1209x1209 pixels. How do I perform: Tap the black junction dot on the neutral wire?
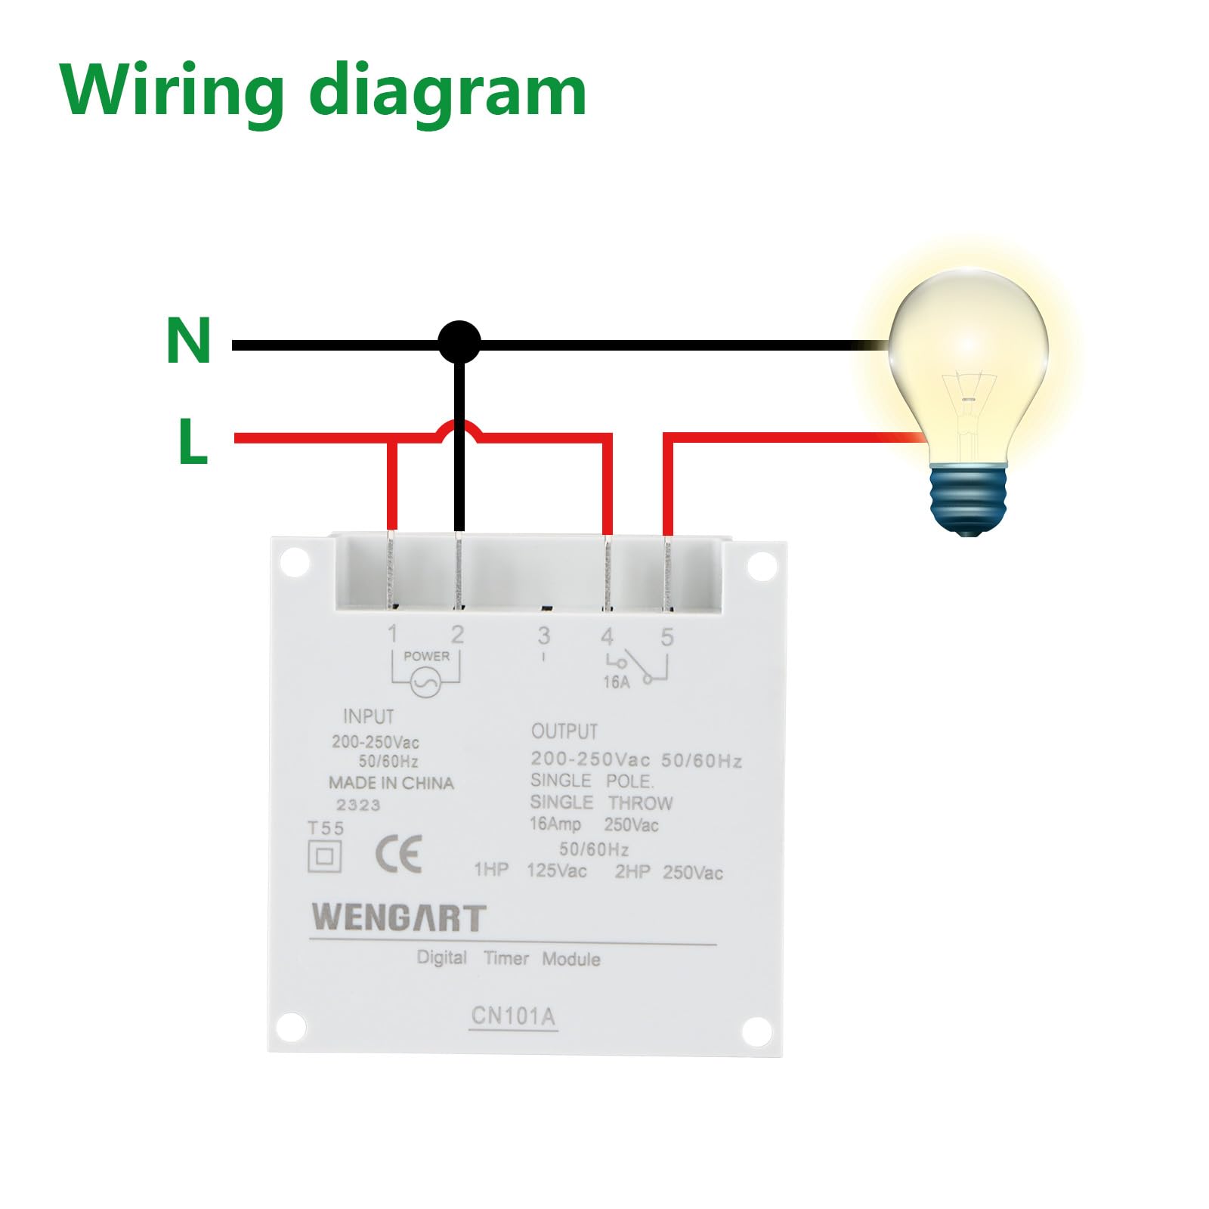[x=459, y=342]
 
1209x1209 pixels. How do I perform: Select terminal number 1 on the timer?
[x=392, y=634]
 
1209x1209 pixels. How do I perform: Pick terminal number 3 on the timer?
[x=543, y=636]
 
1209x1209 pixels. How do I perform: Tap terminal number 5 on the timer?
[x=666, y=637]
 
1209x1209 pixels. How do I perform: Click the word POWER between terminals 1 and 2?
[x=426, y=656]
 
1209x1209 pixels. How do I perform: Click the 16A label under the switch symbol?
[x=616, y=682]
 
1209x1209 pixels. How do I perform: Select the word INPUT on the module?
[x=369, y=716]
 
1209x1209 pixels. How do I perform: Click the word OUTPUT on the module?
[x=564, y=731]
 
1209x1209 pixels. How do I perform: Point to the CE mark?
[x=398, y=855]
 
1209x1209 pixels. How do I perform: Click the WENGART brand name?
[x=398, y=917]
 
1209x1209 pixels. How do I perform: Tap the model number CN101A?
[x=513, y=1016]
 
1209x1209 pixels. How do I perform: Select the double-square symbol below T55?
[x=325, y=856]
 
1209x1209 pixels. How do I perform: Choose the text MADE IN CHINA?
[x=391, y=783]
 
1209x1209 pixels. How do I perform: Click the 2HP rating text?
[x=632, y=872]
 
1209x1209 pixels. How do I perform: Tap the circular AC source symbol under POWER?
[x=425, y=684]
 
